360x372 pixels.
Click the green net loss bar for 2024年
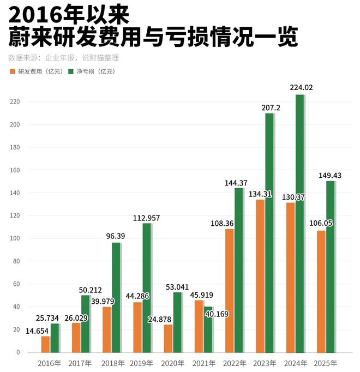pos(299,224)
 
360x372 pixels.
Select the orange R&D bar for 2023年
pos(260,275)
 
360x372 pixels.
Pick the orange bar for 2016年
pos(45,344)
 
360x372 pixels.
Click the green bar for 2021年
pos(208,329)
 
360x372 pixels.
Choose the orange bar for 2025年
pos(321,291)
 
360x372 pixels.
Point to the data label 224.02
pos(302,87)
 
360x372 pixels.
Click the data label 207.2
pos(271,108)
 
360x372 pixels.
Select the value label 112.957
pos(146,218)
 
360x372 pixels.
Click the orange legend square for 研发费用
pos(12,71)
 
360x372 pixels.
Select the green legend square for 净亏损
pos(71,71)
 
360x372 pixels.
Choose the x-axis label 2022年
pos(234,363)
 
